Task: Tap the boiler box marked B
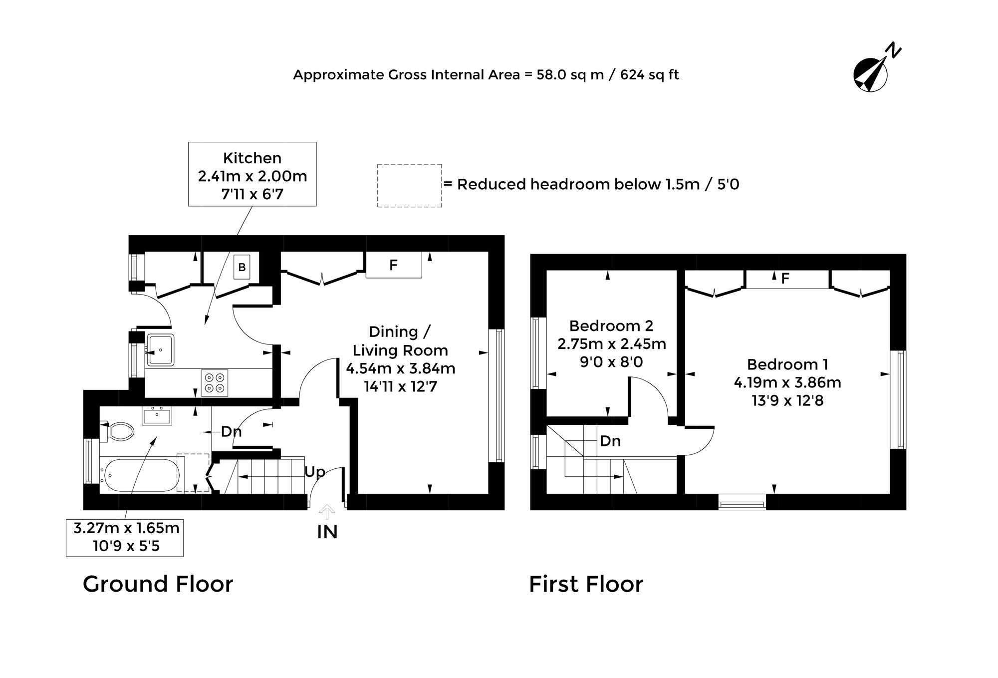tap(242, 267)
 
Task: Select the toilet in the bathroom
tap(119, 431)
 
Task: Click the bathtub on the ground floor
tap(140, 475)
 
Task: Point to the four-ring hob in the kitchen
tap(215, 383)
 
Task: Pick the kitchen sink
tap(160, 349)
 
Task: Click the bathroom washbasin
tap(157, 415)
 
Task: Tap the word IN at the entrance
tap(327, 532)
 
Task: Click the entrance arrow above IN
tap(327, 512)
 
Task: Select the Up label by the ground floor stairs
tap(314, 472)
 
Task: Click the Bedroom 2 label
tap(611, 326)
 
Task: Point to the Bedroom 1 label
tap(787, 364)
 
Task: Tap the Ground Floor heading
tap(158, 584)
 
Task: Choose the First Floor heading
tap(586, 584)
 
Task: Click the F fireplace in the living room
tap(394, 265)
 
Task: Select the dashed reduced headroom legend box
tap(409, 185)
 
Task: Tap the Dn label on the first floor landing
tap(610, 441)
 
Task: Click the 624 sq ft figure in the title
tap(650, 75)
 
